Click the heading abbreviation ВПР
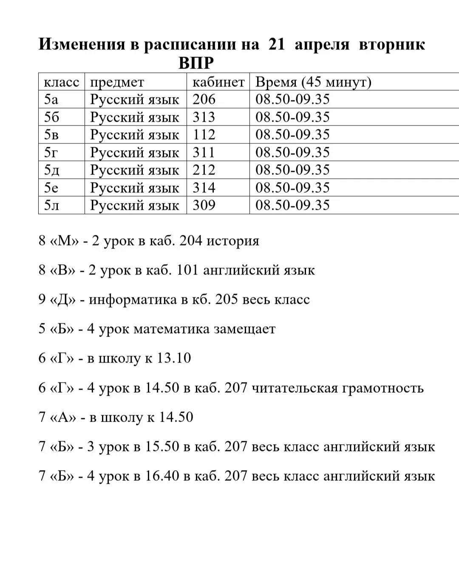[196, 63]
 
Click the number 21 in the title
[277, 44]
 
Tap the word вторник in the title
[392, 44]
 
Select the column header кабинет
[218, 82]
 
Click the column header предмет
[117, 82]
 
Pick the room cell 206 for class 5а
[204, 99]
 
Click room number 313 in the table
[204, 117]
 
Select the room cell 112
[204, 134]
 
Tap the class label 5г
[51, 152]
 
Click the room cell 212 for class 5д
[204, 170]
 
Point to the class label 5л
[51, 205]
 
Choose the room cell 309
[204, 205]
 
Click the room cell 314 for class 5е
[204, 188]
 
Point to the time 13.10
[174, 358]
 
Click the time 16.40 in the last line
[162, 476]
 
